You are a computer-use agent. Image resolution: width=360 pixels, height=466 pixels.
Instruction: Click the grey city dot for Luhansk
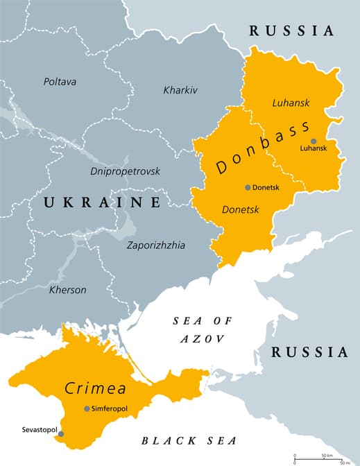coord(314,141)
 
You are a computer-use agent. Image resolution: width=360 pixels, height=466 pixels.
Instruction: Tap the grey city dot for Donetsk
coord(248,187)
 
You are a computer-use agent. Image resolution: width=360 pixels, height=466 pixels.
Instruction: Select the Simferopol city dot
coord(87,409)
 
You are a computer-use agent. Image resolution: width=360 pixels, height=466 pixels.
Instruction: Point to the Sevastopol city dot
coord(60,434)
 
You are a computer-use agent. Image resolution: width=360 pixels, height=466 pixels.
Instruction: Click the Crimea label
coord(90,388)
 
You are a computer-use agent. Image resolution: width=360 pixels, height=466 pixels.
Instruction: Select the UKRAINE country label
coord(102,202)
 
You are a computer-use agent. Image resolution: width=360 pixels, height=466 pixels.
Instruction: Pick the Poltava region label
coord(60,82)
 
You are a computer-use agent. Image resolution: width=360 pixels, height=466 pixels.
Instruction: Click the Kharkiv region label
coord(180,90)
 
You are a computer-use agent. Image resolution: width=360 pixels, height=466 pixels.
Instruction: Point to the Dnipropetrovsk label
coord(125,171)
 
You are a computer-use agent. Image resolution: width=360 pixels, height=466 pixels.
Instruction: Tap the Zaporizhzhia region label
coord(156,245)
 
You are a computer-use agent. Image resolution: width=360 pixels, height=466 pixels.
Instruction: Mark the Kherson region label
coord(67,290)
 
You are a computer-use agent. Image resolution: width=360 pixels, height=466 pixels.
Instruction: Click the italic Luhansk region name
coord(290,103)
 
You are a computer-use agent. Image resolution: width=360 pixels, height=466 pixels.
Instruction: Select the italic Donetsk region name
coord(239,209)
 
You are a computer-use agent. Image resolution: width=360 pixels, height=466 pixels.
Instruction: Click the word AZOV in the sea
coord(202,338)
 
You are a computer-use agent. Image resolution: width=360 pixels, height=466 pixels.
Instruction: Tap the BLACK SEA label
coord(189,440)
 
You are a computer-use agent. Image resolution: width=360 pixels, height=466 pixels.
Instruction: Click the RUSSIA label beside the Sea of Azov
coord(309,352)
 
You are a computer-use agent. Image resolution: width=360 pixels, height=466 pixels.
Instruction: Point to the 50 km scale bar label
coord(326,454)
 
